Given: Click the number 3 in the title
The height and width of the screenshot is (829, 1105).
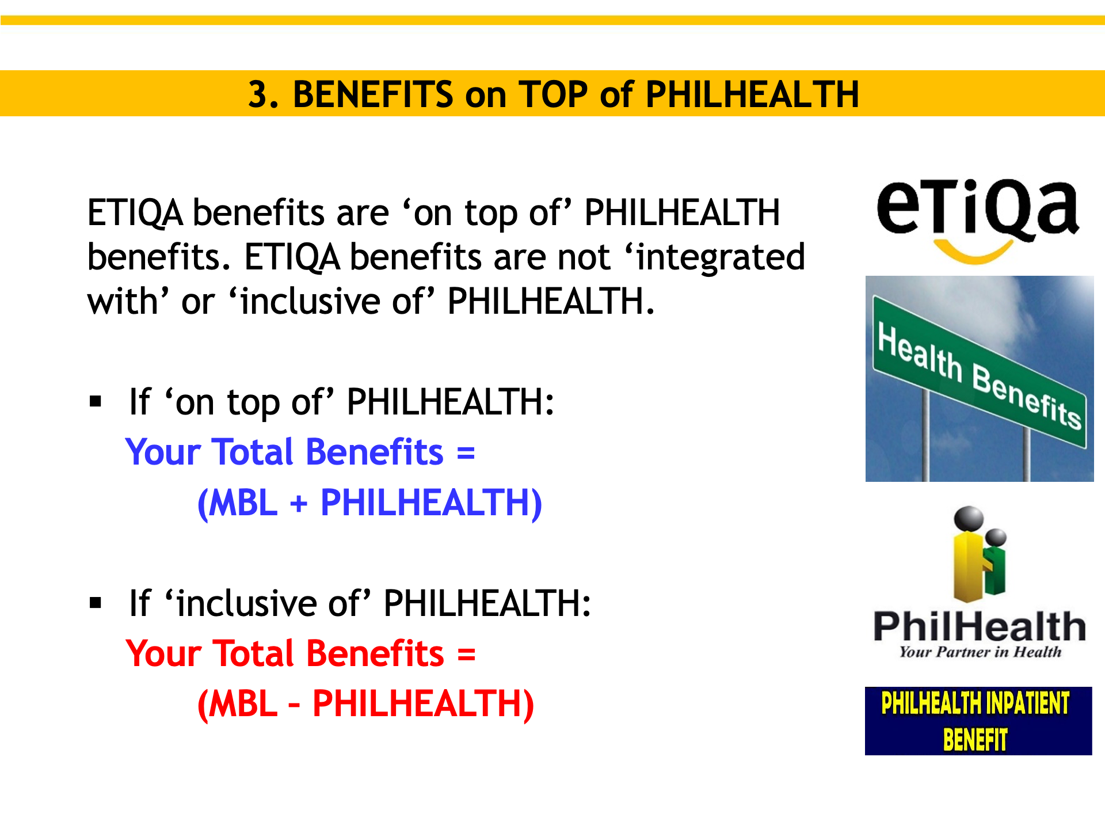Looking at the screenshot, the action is (260, 94).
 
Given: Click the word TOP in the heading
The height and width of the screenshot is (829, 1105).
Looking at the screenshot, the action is (552, 94).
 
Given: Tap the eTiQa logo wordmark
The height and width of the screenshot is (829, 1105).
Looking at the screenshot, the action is (977, 208).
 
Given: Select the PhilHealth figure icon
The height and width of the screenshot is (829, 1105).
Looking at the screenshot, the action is (979, 553).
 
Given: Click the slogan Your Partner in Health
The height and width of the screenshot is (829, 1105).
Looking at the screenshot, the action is (980, 652).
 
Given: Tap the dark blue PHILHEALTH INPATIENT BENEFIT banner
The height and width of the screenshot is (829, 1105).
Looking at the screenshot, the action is (978, 721).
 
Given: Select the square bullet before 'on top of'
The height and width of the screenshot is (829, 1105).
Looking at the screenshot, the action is (96, 401).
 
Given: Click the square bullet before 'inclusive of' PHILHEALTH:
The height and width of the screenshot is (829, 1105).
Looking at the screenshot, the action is (96, 603).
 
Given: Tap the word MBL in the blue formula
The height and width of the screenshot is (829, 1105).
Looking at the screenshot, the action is (243, 503).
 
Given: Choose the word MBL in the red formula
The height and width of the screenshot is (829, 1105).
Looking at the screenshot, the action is (243, 703).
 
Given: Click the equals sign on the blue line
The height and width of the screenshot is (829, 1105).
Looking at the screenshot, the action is (466, 452).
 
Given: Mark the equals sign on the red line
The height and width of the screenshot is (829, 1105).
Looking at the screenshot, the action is (466, 654).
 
